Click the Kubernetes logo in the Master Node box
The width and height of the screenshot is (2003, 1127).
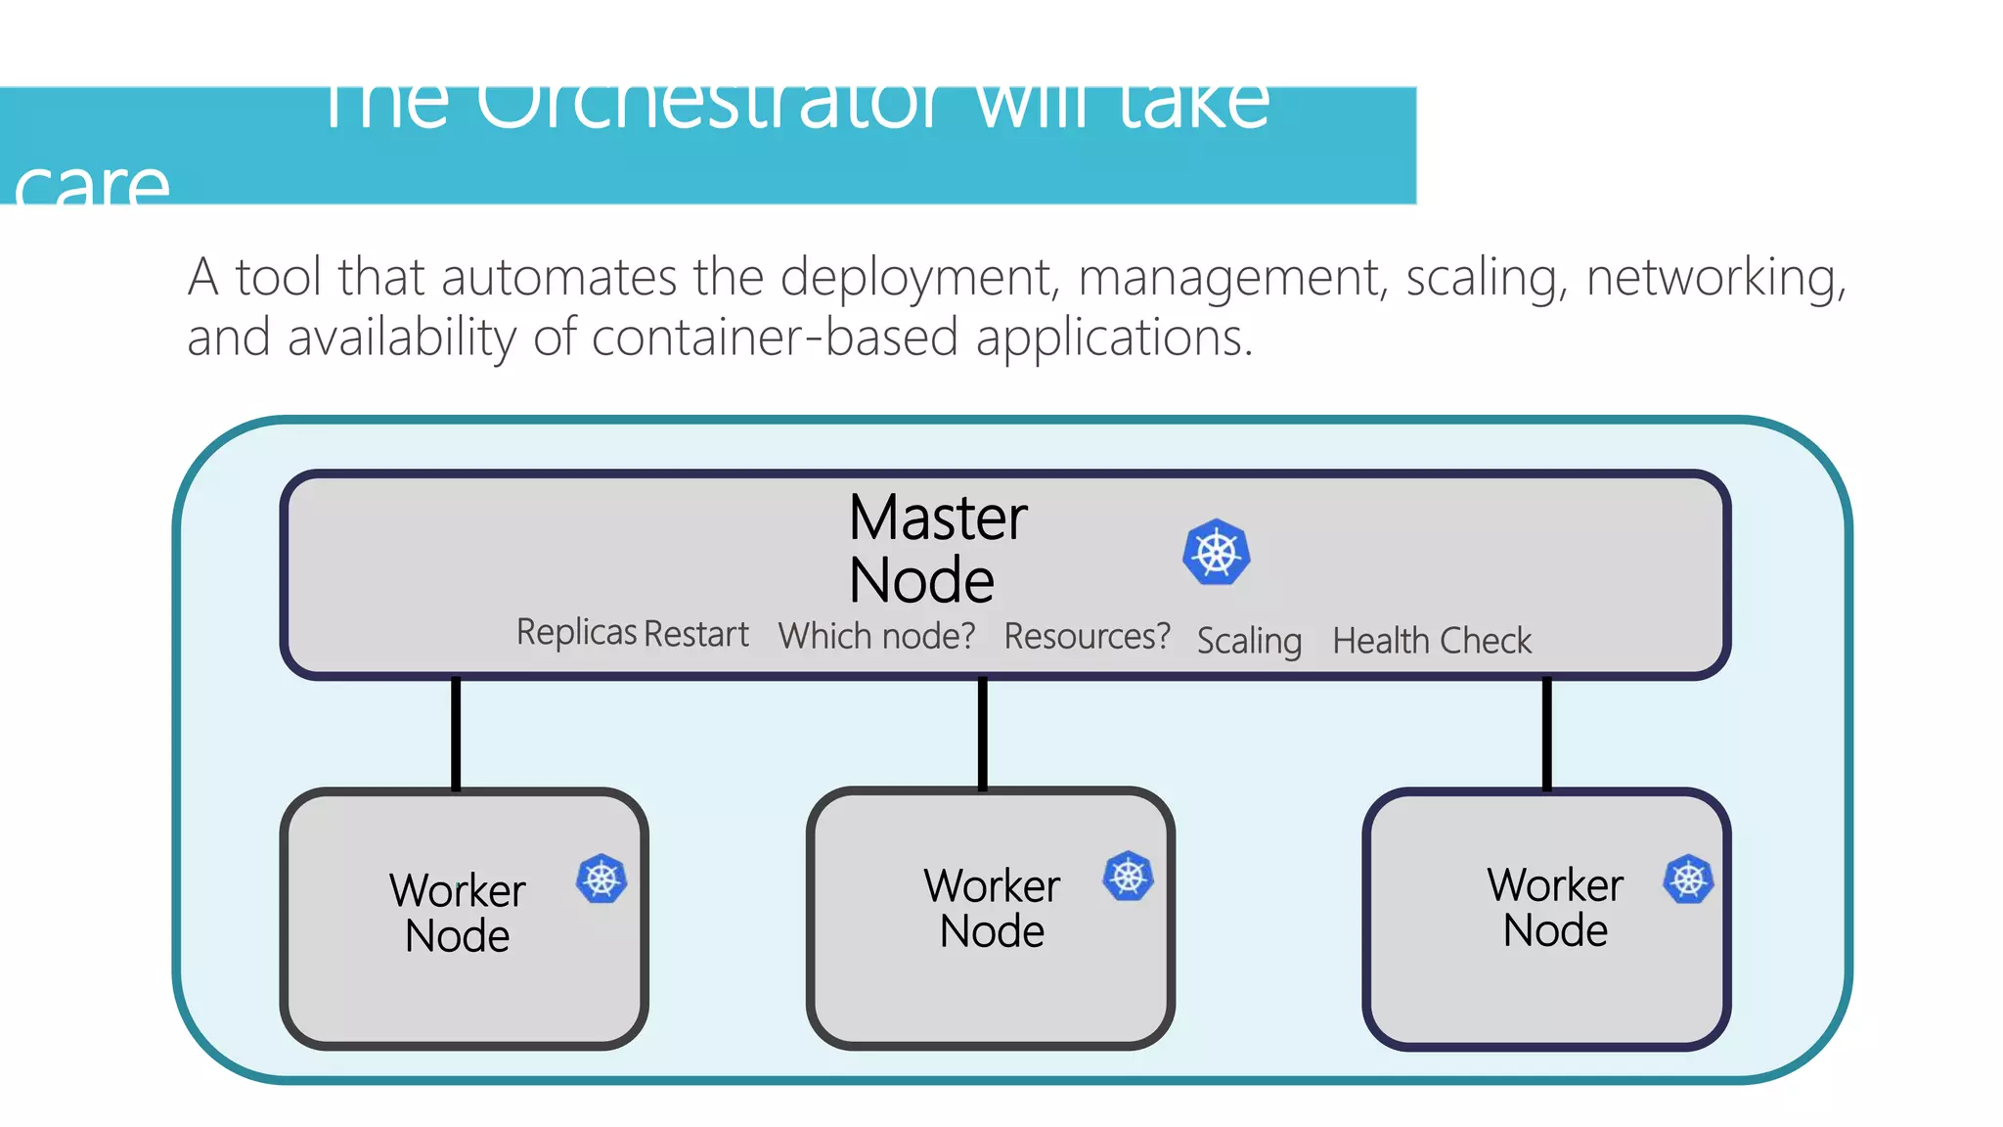[1216, 553]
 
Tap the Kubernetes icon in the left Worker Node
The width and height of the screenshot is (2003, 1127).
[601, 879]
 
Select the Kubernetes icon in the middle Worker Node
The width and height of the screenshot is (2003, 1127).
[1128, 876]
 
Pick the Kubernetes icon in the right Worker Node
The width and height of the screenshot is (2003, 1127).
[1688, 879]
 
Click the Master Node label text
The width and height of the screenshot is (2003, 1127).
[936, 549]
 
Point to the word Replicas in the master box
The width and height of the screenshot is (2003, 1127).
[577, 632]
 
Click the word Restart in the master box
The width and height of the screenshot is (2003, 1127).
[696, 634]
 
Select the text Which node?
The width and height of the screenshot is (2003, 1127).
[876, 636]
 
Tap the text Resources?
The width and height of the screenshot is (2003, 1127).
[1087, 636]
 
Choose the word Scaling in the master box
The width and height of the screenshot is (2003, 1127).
[1249, 641]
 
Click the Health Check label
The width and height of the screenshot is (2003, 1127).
[1432, 641]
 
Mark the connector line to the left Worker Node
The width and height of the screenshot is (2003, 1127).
[456, 733]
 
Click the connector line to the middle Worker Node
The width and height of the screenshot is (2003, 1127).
[982, 733]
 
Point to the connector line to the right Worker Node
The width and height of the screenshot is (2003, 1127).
[1546, 733]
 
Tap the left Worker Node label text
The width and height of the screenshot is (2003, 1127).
[458, 912]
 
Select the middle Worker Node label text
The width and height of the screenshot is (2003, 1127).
[992, 907]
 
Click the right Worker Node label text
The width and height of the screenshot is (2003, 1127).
[1555, 907]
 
